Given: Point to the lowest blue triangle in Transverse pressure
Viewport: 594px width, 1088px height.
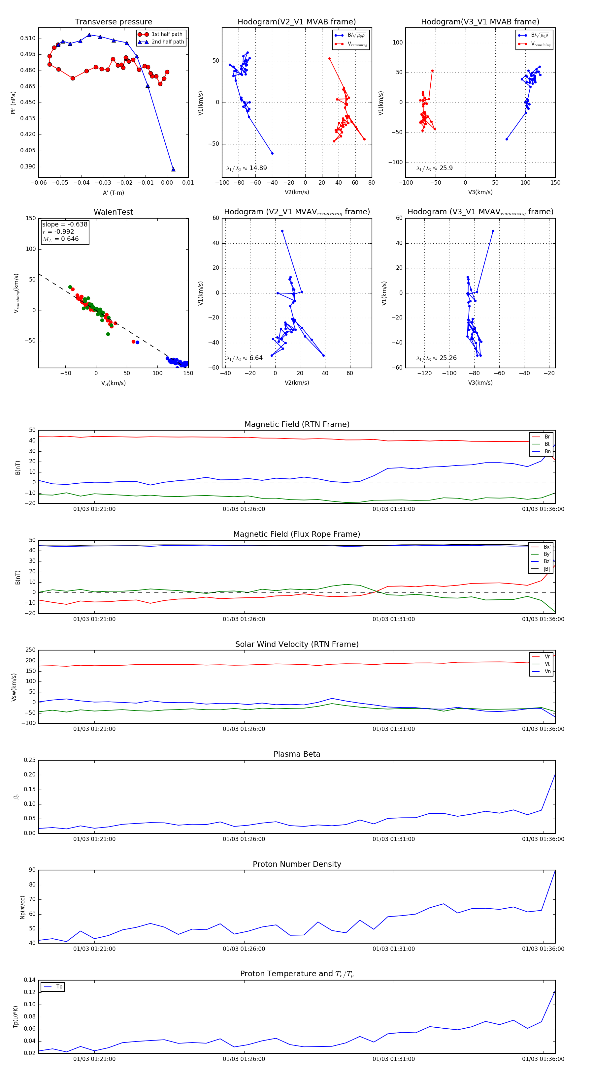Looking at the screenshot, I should [x=173, y=169].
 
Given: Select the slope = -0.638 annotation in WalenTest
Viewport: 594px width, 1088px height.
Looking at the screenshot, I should [x=65, y=224].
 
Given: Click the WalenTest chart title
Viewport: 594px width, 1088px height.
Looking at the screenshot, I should [x=113, y=212].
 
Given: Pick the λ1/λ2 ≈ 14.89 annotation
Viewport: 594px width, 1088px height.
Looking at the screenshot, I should [x=247, y=168].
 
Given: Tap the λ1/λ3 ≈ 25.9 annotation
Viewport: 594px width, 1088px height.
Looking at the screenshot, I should [x=434, y=168].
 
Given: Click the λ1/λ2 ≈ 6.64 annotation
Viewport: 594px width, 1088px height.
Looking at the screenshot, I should [x=244, y=358].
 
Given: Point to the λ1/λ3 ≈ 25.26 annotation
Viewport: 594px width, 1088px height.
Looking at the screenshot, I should [x=436, y=358].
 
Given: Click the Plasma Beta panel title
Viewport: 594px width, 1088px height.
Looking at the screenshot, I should [x=297, y=754].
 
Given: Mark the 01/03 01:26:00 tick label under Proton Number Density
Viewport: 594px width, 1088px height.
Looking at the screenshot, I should [x=244, y=949].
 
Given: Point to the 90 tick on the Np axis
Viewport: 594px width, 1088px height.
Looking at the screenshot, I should [x=32, y=870].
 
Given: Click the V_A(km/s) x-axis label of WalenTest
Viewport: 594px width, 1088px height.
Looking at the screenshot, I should [x=113, y=383].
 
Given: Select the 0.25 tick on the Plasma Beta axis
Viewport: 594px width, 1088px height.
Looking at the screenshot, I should [x=30, y=760].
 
